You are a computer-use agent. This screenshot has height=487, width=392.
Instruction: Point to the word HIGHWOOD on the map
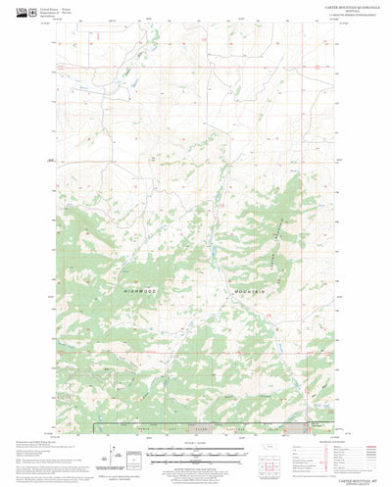(140, 293)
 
